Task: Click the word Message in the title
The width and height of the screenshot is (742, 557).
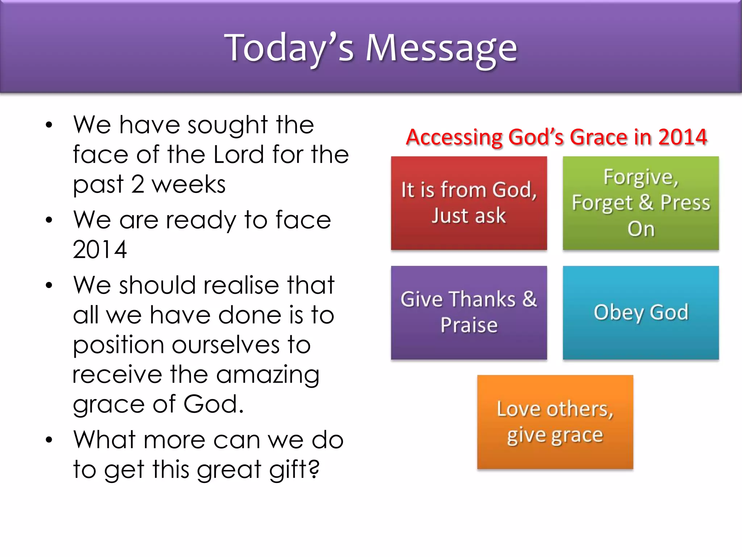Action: point(441,48)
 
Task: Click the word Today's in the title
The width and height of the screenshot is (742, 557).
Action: point(289,48)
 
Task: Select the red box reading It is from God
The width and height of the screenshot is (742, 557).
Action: point(469,203)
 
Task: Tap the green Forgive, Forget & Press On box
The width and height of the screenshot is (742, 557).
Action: point(641,203)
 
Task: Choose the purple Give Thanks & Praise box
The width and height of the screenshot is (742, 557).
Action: point(469,313)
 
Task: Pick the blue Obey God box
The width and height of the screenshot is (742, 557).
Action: point(641,313)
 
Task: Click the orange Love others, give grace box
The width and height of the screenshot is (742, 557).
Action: point(555,422)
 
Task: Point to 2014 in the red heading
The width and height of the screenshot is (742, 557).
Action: point(682,137)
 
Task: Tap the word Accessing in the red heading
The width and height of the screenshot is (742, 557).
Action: point(454,137)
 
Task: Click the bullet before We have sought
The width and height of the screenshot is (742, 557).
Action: point(49,125)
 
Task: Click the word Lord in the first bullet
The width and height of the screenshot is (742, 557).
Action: point(239,155)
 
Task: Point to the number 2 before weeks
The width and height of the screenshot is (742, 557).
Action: point(138,185)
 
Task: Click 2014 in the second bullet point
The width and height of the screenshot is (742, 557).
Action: point(100,250)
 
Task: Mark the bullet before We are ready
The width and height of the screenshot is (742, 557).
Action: point(49,220)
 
